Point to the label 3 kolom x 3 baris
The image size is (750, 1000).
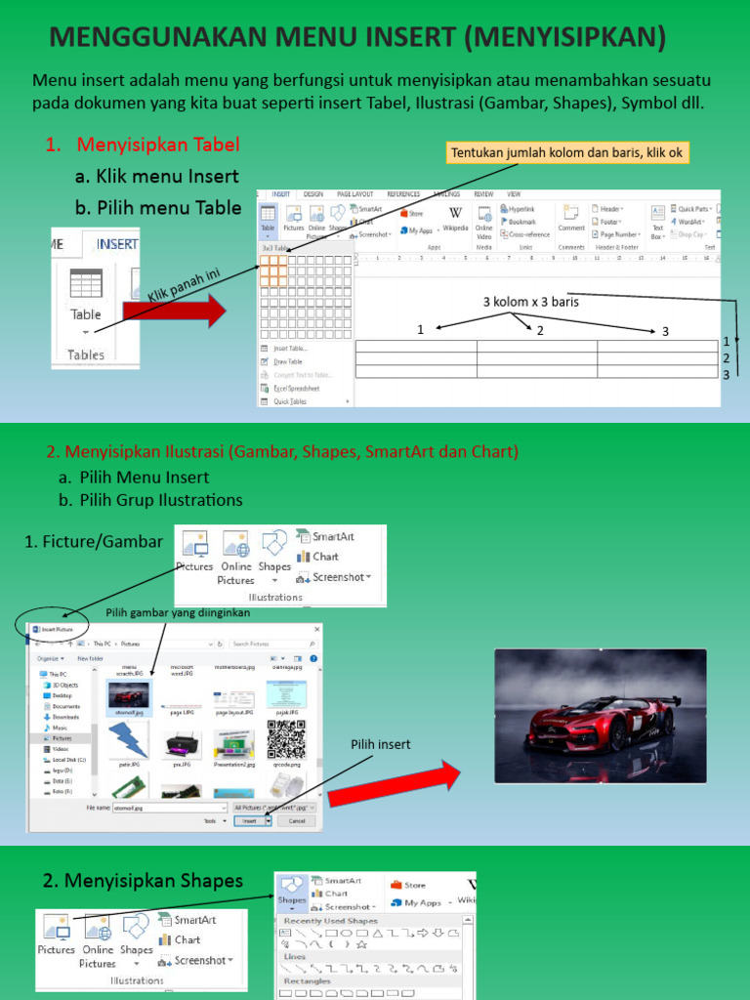(530, 302)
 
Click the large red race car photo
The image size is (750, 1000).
(601, 716)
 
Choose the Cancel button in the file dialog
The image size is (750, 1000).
(297, 821)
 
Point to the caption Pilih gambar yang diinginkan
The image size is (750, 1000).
(178, 612)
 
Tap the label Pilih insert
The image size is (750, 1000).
(381, 744)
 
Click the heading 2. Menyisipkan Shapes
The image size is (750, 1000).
(143, 881)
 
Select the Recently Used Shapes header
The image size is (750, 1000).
(330, 921)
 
